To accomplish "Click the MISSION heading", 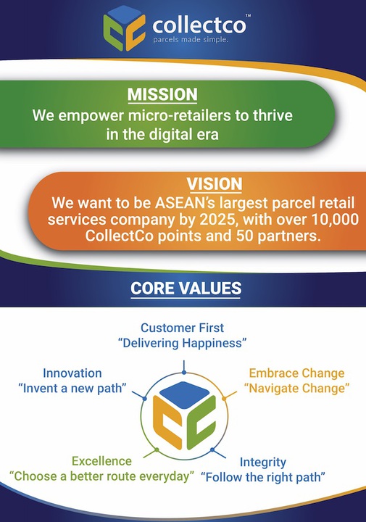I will tap(162, 94).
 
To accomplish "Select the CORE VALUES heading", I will tap(186, 288).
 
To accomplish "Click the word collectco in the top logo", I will tap(199, 25).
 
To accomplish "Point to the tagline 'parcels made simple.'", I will tap(191, 40).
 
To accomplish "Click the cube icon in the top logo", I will tap(125, 27).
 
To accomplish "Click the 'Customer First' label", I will tap(183, 328).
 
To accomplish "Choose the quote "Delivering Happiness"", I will tap(183, 343).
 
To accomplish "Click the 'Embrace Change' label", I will tap(296, 374).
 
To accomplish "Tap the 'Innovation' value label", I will tap(72, 373).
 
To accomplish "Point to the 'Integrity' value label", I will tap(262, 462).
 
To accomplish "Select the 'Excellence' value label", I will tap(101, 461).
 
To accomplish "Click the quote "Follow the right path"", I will tap(262, 477).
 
